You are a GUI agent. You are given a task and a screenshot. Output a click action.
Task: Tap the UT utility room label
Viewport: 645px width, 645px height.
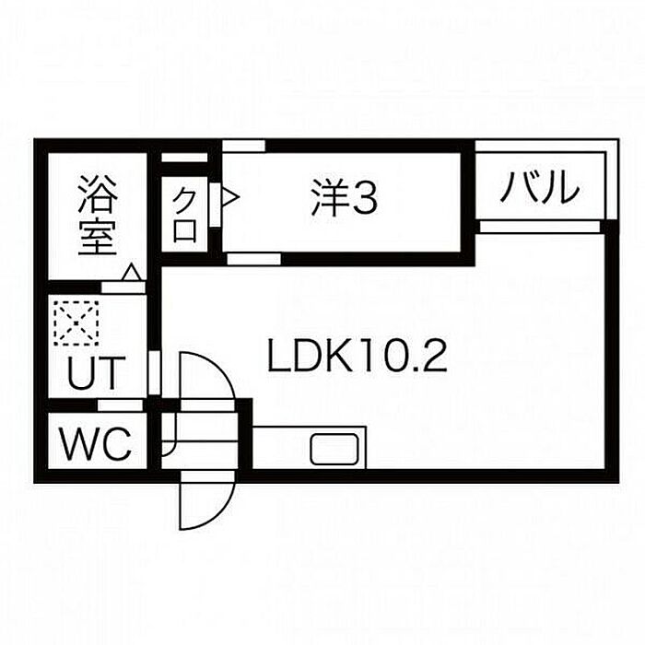(95, 373)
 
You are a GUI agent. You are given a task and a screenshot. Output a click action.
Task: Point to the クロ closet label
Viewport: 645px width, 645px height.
(185, 215)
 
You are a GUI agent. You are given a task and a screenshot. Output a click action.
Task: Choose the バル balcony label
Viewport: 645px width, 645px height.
(541, 189)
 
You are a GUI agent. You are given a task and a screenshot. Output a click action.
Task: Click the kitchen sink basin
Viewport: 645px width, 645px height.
(337, 450)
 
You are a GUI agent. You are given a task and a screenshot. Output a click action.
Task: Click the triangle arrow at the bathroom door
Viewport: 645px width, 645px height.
(132, 273)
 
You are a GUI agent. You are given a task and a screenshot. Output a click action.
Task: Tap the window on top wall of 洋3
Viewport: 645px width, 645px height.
(244, 146)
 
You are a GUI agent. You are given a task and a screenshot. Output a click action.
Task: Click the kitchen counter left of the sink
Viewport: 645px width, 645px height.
(281, 449)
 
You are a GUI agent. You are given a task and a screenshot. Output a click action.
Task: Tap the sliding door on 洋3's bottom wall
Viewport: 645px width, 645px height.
(253, 259)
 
